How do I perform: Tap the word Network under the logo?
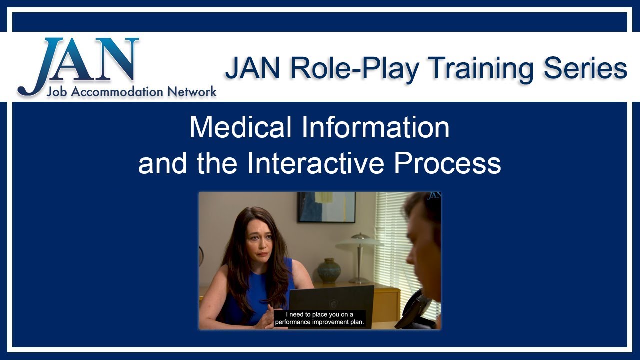pos(192,92)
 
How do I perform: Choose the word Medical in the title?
pos(240,128)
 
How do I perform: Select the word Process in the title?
pos(447,164)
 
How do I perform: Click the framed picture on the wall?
pos(326,207)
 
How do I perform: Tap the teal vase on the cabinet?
pos(329,271)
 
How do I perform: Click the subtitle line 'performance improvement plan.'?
pos(320,323)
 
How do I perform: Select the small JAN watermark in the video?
pos(433,196)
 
